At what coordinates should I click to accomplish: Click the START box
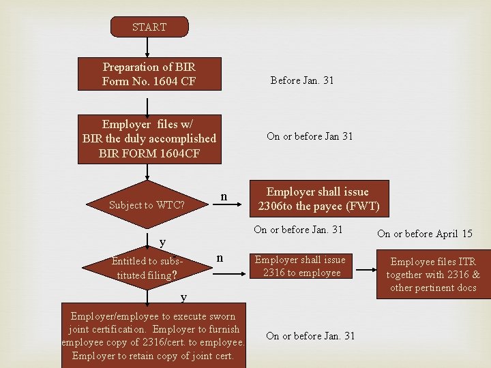(149, 27)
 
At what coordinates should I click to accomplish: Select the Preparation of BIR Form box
(149, 74)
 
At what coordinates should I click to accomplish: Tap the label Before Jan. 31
(302, 80)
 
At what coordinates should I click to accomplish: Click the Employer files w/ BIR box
(149, 139)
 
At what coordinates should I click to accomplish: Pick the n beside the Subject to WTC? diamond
(224, 197)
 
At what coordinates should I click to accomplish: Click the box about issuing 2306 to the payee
(318, 198)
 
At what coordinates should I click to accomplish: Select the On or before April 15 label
(424, 234)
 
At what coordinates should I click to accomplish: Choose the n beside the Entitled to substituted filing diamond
(219, 258)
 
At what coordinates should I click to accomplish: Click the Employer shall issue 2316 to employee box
(300, 266)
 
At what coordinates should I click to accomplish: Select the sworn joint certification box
(153, 335)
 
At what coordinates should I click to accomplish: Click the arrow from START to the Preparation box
(148, 47)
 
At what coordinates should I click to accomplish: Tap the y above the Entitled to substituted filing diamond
(162, 242)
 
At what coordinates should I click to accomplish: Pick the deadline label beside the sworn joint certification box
(310, 335)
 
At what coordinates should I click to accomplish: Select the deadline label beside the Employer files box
(310, 136)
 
